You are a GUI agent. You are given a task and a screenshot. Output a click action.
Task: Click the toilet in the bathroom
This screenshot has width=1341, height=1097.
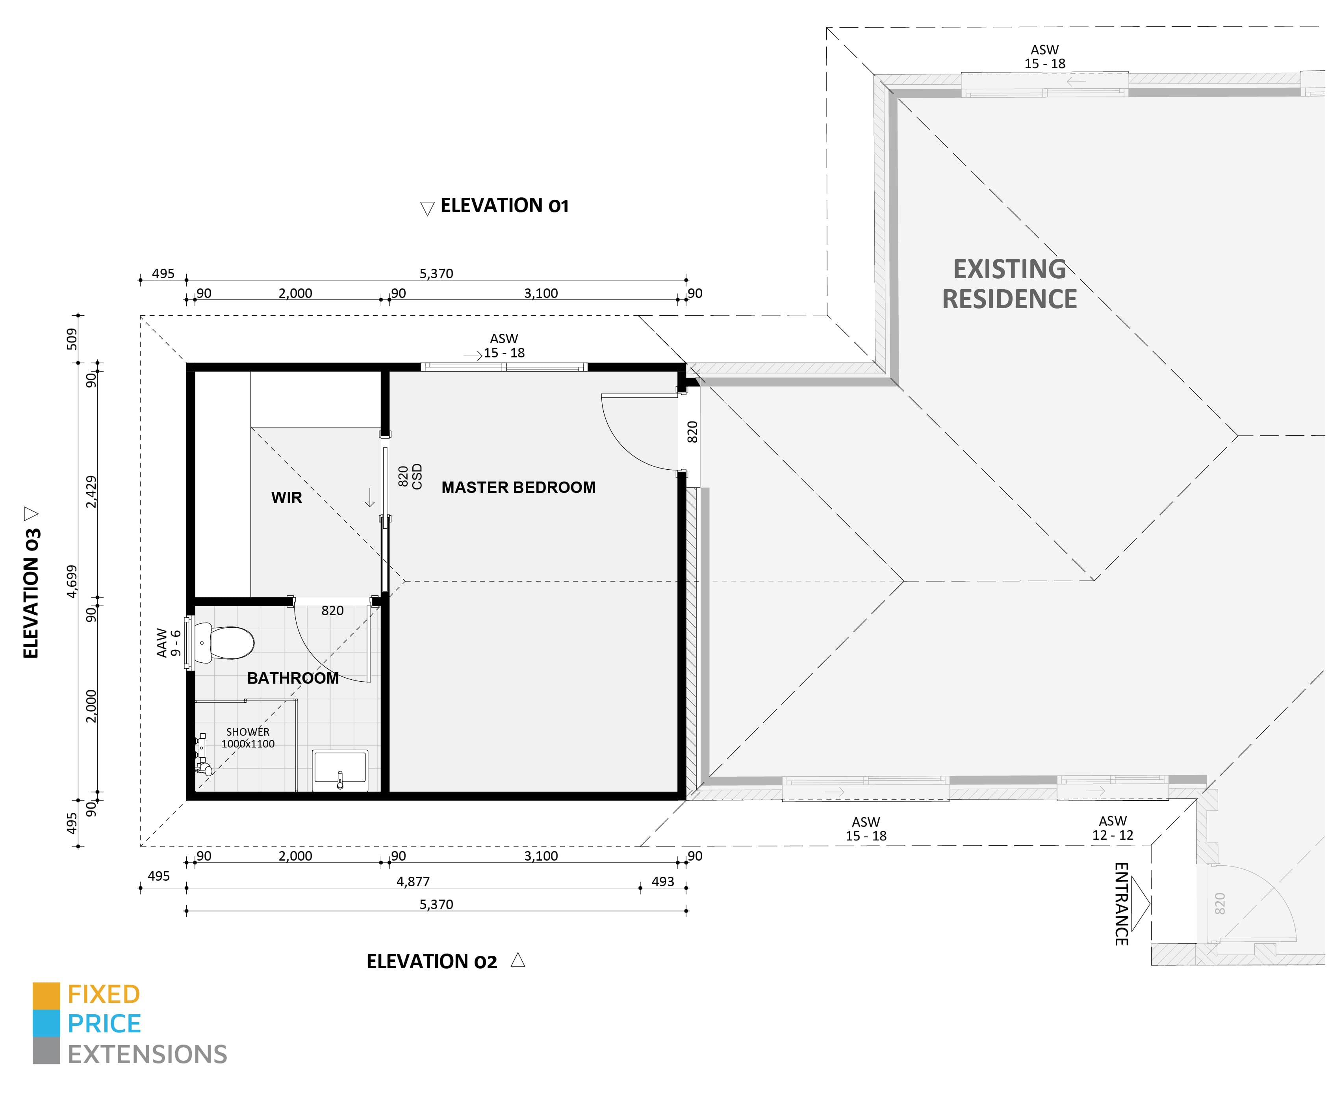(224, 643)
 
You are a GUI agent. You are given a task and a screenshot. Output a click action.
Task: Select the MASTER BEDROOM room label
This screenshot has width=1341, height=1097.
(518, 487)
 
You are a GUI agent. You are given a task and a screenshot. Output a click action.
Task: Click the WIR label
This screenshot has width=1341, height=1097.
(287, 498)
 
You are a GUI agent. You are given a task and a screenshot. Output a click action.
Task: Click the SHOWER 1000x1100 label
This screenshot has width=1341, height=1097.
(248, 738)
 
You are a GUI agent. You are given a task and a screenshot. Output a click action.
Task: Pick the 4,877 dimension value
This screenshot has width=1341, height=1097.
(413, 881)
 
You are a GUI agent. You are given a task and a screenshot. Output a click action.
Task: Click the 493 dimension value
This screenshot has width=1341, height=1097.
(662, 881)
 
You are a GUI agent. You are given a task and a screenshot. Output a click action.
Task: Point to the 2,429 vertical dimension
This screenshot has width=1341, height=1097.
(92, 492)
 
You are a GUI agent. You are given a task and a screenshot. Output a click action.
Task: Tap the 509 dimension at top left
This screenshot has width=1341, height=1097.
(72, 339)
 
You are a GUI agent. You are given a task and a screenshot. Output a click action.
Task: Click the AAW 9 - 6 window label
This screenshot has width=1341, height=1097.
(169, 643)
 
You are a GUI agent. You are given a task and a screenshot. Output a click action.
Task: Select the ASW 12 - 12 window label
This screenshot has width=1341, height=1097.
(1112, 828)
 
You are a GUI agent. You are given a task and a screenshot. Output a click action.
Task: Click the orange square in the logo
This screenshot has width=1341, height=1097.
(46, 995)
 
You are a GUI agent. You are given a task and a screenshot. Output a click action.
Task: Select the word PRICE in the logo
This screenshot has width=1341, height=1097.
(104, 1024)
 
